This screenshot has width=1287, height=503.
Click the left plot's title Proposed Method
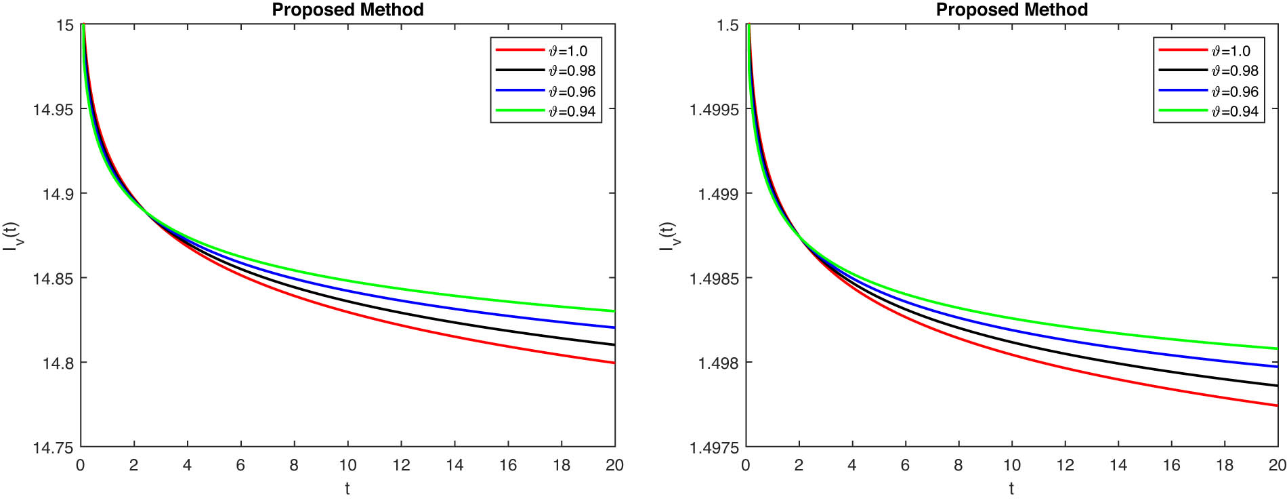click(347, 9)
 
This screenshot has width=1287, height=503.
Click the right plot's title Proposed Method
click(1011, 9)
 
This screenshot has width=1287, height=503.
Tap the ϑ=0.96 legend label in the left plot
click(572, 92)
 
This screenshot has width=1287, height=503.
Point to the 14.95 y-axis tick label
click(53, 109)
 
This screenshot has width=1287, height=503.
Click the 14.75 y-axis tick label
click(53, 447)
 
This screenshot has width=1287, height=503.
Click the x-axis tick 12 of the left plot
click(401, 465)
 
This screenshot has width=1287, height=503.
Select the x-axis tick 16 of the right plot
click(1171, 465)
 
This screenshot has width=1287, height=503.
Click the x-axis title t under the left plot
click(347, 488)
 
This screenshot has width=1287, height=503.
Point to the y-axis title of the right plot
click(668, 236)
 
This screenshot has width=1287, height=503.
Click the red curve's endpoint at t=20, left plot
click(614, 363)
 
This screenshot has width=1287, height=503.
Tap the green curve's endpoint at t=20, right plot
click(1277, 348)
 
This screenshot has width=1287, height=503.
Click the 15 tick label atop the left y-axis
click(64, 25)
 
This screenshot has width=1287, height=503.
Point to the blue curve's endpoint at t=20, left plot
click(614, 327)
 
